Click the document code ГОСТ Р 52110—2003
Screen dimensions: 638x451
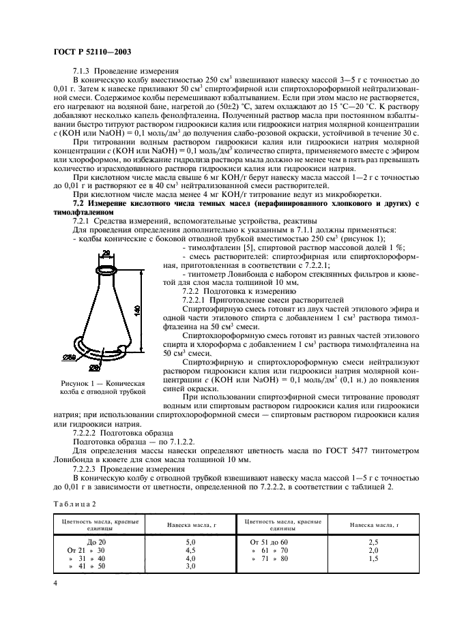coord(93,51)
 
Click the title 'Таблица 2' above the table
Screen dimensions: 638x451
coord(75,502)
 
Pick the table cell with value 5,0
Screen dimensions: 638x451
coord(191,541)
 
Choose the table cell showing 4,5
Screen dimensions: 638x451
coord(191,549)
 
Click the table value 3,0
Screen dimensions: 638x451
coord(191,566)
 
